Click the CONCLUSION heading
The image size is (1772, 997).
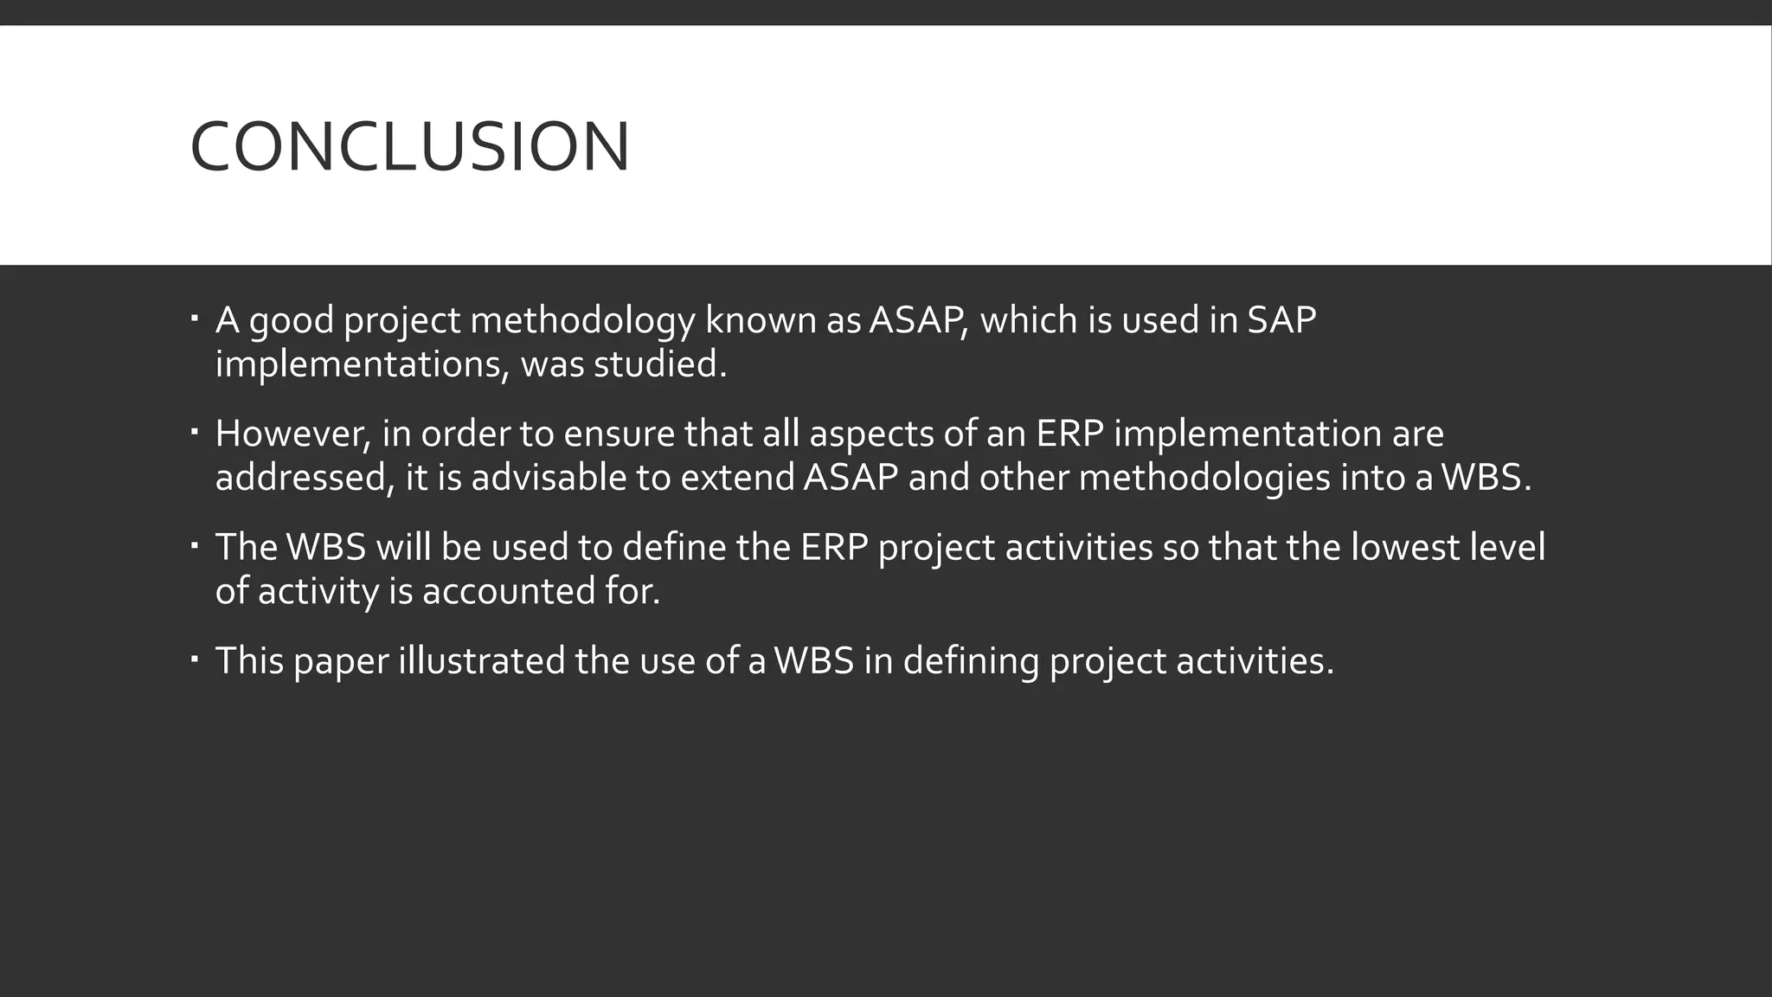pos(409,147)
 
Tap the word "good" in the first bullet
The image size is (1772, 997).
pos(291,321)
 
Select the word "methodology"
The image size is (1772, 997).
pos(582,321)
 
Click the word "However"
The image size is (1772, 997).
pos(292,434)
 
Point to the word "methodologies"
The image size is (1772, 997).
pos(1204,478)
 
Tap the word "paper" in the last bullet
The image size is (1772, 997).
pos(341,661)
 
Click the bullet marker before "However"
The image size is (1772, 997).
pos(195,430)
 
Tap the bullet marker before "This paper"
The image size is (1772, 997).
pos(195,658)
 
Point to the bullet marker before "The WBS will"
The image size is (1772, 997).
pos(195,544)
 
